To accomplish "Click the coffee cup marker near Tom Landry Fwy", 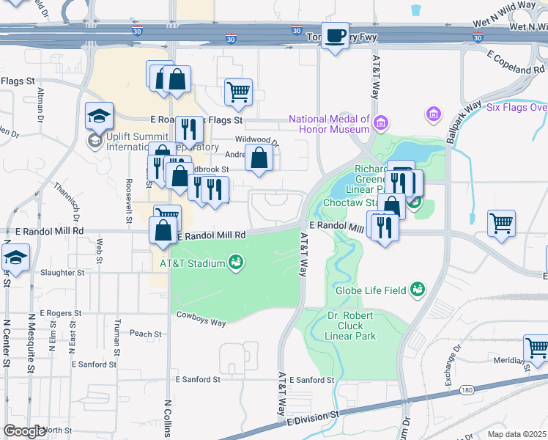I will point(336,36).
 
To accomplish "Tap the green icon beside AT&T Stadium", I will point(235,261).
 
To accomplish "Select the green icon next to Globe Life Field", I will point(418,290).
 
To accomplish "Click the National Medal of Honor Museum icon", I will point(380,122).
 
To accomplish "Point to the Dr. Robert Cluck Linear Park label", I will point(350,330).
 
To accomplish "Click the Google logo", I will point(24,430).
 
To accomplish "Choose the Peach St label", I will point(145,334).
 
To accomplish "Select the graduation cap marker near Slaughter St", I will point(15,258).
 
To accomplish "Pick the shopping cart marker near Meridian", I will point(537,348).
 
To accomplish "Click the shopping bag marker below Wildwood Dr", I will point(259,158).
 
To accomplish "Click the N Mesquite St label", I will point(31,341).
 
